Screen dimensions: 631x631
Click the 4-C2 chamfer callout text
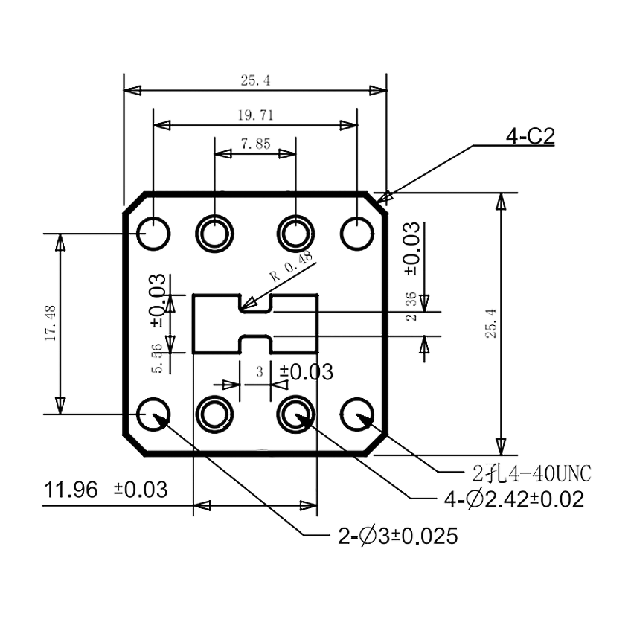531,136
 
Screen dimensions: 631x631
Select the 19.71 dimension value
255,115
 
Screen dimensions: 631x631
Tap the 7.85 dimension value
255,144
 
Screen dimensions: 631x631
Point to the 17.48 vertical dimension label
51,323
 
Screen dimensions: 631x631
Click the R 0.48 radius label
292,266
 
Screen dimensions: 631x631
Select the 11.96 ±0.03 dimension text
106,490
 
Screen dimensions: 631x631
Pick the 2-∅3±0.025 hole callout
397,536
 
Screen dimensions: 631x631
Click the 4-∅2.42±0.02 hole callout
514,499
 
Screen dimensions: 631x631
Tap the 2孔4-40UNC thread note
531,474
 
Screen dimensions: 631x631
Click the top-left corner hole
153,234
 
